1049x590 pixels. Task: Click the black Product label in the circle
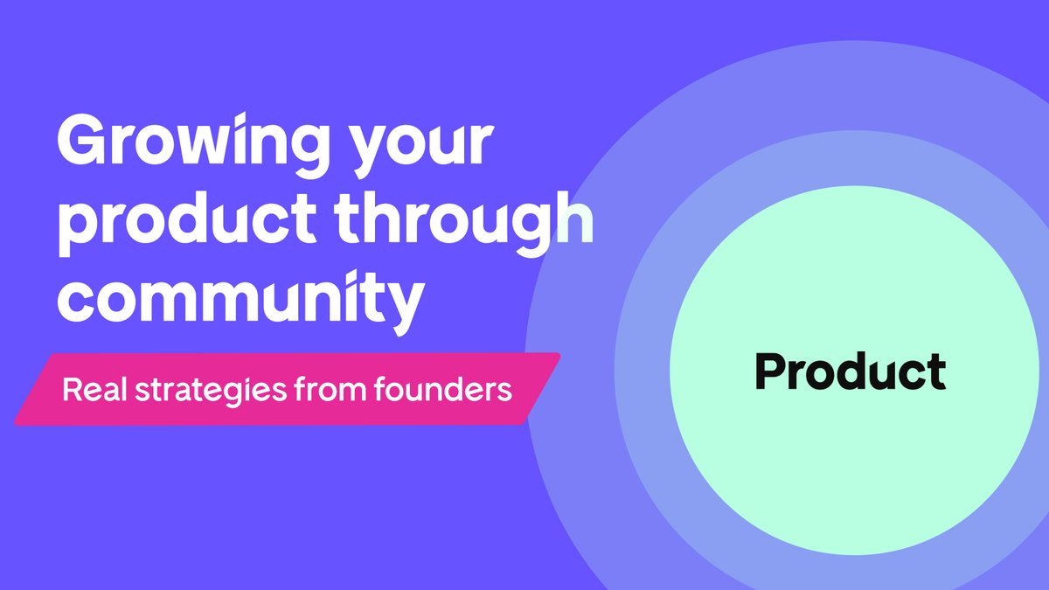click(850, 371)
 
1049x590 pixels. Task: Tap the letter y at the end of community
click(401, 306)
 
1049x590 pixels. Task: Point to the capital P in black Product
click(770, 371)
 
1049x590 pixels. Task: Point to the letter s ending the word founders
click(504, 391)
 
